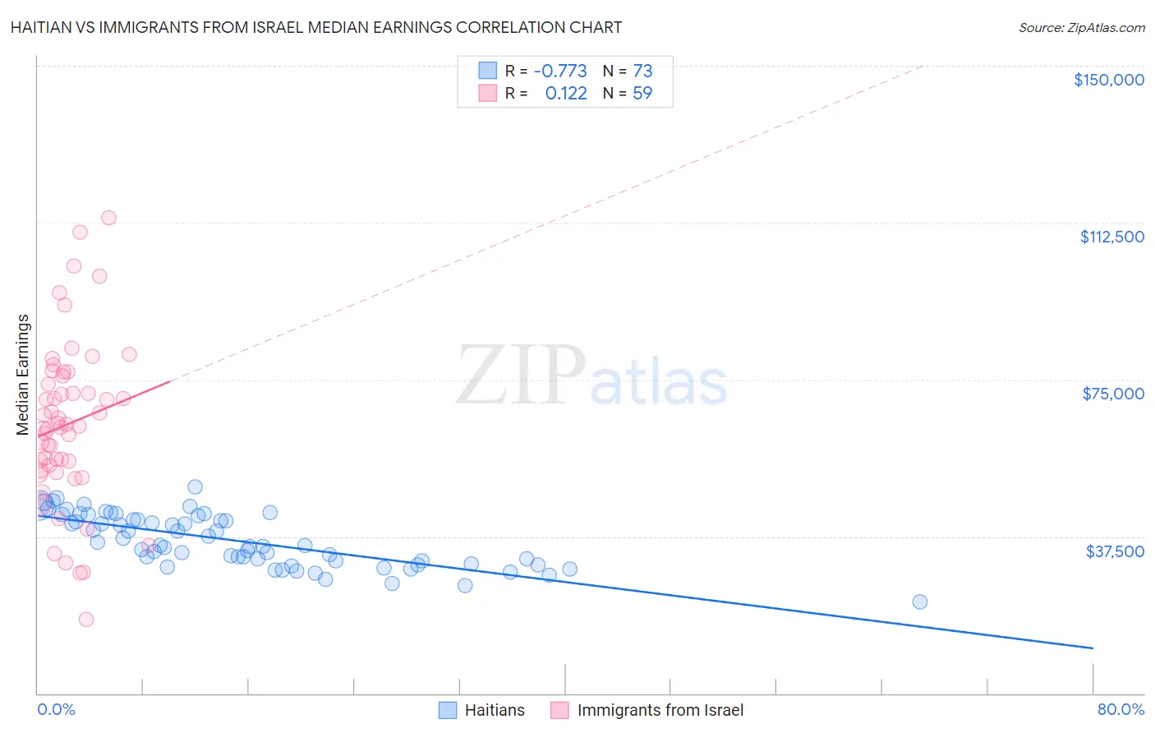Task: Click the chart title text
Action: [316, 27]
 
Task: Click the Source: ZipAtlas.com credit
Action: [1081, 27]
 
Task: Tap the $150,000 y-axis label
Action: [1108, 80]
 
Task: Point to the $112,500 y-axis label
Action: [1111, 237]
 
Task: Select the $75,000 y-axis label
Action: [1113, 394]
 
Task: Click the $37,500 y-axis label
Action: [1115, 551]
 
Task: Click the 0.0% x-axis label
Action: [56, 709]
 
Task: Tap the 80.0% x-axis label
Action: [1120, 709]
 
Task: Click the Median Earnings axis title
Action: [23, 375]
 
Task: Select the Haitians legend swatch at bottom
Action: [448, 710]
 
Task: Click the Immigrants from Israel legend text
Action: [660, 710]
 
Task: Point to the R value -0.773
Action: [560, 71]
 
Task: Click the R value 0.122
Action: [566, 94]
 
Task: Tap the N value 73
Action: [642, 71]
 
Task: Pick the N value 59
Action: [642, 94]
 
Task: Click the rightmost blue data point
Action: [920, 602]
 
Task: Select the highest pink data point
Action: [108, 218]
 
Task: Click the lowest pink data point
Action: [86, 620]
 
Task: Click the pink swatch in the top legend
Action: [488, 94]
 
